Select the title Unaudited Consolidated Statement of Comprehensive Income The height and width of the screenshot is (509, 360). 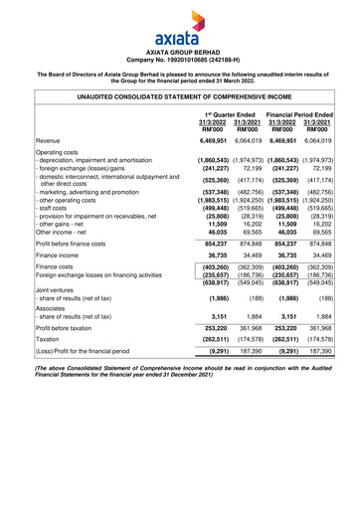pyautogui.click(x=180, y=97)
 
